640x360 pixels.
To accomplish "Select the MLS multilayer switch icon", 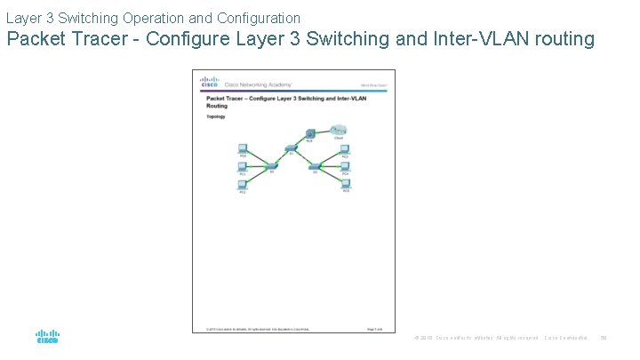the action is point(310,133).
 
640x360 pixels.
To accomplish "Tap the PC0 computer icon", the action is point(242,148).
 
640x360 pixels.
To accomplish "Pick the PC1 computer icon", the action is point(242,165).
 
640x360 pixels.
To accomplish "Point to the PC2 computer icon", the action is point(242,184).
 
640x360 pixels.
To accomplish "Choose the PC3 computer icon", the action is point(345,148).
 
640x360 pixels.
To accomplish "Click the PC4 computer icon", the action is point(345,165).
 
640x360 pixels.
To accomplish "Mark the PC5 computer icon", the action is point(345,184).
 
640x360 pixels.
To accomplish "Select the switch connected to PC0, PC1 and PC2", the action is point(271,165).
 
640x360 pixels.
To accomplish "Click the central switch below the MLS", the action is point(291,148).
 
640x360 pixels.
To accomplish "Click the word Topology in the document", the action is point(216,116).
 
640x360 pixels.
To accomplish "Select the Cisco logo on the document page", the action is point(209,82).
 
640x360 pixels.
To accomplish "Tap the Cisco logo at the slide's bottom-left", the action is point(47,338).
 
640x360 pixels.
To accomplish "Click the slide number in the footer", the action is point(604,338).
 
